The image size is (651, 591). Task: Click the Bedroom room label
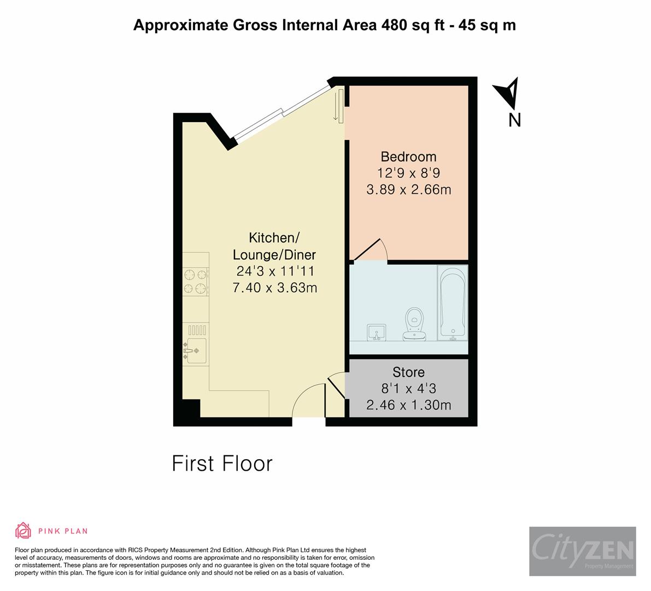408,157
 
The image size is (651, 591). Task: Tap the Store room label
408,372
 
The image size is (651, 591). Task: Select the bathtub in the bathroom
452,303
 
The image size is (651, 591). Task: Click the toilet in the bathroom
414,324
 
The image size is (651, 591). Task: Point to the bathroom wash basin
377,332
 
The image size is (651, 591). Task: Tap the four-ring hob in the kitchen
196,281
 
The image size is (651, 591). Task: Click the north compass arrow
507,93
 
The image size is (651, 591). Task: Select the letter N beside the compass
514,120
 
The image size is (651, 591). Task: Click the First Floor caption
222,463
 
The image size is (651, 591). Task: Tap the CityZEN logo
583,551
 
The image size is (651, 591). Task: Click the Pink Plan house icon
24,530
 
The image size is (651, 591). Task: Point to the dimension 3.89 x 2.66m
408,189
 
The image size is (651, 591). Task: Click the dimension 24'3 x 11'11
275,271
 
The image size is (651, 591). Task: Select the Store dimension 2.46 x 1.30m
408,405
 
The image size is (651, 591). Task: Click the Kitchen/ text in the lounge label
274,237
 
